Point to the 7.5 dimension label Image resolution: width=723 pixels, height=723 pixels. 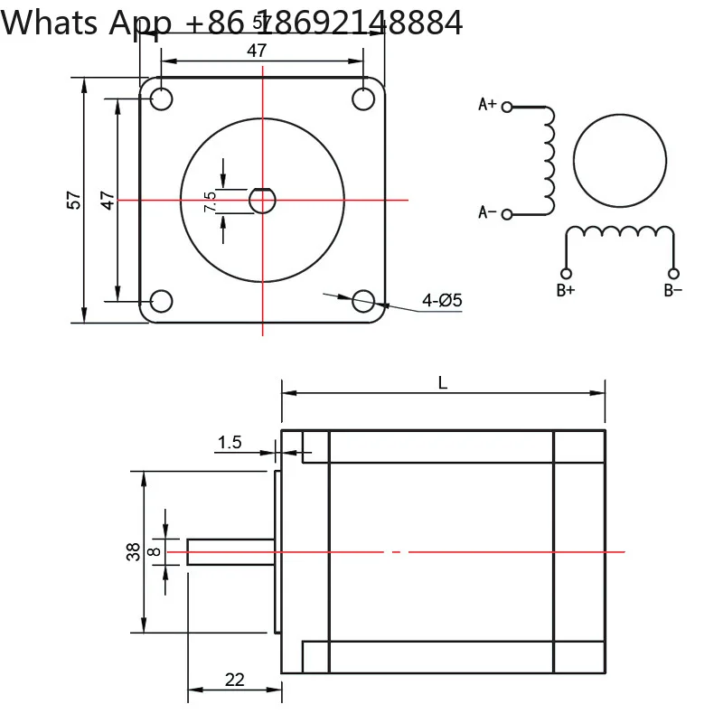210,202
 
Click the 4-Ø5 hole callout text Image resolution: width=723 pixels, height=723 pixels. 442,301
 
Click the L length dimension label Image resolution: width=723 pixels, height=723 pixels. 443,382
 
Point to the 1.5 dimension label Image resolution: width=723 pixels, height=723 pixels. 230,443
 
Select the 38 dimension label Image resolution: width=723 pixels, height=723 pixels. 133,551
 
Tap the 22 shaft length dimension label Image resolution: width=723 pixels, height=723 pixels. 235,680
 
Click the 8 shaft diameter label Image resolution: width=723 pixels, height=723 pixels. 154,551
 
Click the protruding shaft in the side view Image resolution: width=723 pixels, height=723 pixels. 231,551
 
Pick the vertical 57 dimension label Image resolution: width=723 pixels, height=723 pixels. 74,200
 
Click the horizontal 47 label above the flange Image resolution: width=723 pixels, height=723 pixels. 257,51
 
